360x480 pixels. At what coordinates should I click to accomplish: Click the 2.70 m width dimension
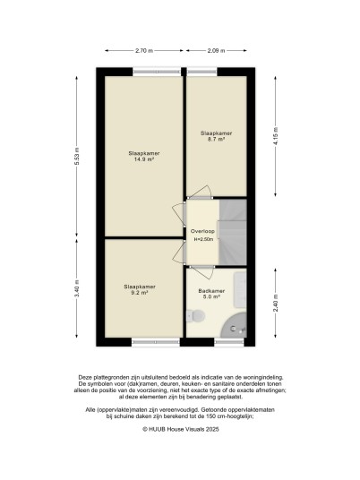pos(144,50)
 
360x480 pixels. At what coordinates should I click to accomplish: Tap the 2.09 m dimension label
pos(216,50)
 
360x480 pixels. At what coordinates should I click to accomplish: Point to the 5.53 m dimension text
pos(77,157)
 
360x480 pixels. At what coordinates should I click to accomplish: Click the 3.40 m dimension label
pos(77,288)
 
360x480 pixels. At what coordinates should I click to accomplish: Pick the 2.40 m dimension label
pos(276,303)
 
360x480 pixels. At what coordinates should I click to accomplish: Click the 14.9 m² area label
pos(144,159)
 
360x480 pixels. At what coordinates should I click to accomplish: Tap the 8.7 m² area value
pos(216,139)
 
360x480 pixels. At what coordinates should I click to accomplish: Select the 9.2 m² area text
pos(140,292)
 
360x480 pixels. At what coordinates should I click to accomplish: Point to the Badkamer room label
pos(211,291)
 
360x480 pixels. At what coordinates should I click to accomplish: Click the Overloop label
pos(202,231)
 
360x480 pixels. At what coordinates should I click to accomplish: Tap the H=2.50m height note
pos(203,239)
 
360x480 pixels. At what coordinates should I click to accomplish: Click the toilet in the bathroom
pos(195,315)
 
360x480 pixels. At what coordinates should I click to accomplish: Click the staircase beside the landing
pos(233,232)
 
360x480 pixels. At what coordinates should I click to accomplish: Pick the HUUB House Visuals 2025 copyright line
pos(181,429)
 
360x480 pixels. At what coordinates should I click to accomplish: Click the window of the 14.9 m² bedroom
pos(157,72)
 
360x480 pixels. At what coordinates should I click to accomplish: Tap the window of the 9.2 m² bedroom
pos(156,342)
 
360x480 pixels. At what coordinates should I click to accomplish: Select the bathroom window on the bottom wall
pos(229,342)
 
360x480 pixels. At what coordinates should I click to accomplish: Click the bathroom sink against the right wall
pos(240,289)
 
